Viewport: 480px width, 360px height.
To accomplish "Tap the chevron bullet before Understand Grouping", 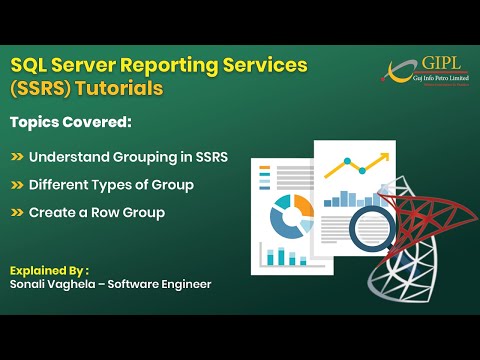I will [x=17, y=157].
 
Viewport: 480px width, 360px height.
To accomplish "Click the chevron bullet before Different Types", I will [x=17, y=185].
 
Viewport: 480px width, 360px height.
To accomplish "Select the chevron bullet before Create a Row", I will [x=17, y=213].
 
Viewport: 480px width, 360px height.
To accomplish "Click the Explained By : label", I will [x=49, y=270].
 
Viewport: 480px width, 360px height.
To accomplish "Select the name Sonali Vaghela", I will [x=50, y=285].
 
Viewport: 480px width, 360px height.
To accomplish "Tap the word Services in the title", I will [x=263, y=65].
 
